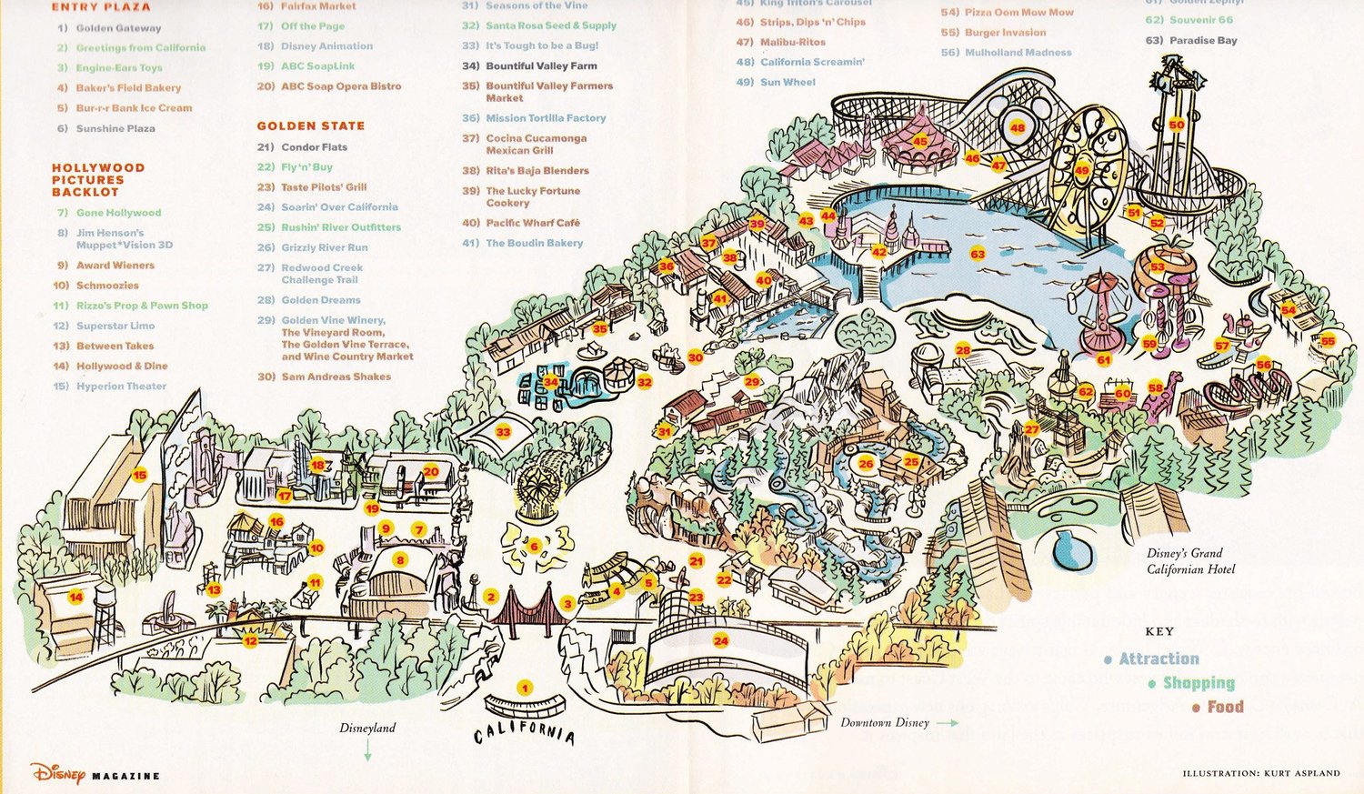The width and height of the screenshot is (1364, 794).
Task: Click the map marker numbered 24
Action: point(720,641)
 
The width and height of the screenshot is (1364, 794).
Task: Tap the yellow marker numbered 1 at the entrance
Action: point(524,688)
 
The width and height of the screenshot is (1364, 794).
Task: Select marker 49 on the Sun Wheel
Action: point(1082,170)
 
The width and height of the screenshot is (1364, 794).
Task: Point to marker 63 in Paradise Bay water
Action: point(978,255)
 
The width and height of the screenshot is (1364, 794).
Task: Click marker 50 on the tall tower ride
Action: point(1177,125)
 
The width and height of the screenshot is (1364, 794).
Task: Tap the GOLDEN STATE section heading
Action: point(310,126)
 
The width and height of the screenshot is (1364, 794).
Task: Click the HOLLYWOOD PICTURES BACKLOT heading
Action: point(97,180)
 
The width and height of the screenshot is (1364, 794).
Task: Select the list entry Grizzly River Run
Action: point(324,247)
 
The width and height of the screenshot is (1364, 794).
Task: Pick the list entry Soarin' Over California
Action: point(338,207)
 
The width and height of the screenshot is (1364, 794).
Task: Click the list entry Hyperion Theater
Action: point(120,387)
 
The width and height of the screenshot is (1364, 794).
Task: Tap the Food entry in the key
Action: point(1224,707)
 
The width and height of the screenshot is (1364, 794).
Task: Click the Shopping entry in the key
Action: point(1198,683)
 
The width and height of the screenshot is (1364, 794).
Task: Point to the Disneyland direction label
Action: point(367,729)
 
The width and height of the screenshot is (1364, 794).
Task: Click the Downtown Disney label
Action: point(884,723)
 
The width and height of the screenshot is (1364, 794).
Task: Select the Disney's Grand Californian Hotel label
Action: point(1190,561)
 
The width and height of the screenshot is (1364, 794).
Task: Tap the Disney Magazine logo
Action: point(95,774)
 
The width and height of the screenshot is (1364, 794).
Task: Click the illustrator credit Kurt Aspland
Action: point(1260,773)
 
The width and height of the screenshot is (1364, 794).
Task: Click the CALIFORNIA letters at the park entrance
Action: point(524,732)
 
